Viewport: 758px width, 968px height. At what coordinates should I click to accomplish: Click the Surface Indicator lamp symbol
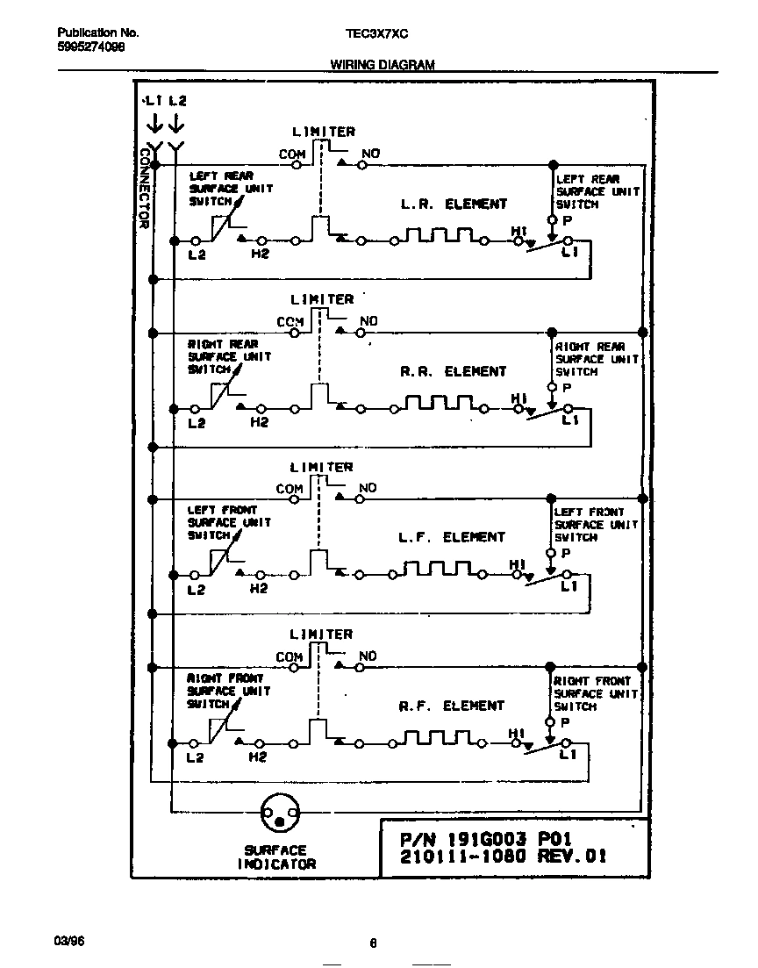(x=280, y=816)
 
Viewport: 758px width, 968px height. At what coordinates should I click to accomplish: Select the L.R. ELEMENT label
(x=454, y=204)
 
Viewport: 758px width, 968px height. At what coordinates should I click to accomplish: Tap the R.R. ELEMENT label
(x=454, y=371)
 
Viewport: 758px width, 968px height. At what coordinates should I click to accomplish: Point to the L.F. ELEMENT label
(x=453, y=537)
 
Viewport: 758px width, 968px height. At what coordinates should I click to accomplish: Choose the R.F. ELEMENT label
(x=453, y=706)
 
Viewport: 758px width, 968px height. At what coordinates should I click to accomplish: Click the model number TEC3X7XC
(x=377, y=33)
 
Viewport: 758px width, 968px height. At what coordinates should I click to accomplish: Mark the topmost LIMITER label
(x=323, y=132)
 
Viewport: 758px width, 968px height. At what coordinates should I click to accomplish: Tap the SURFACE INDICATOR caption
(x=275, y=857)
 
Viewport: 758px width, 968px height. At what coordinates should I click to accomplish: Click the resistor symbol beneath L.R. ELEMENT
(x=440, y=235)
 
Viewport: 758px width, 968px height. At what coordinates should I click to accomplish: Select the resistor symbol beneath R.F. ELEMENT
(x=440, y=737)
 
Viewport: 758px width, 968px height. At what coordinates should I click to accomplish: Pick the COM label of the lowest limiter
(x=289, y=656)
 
